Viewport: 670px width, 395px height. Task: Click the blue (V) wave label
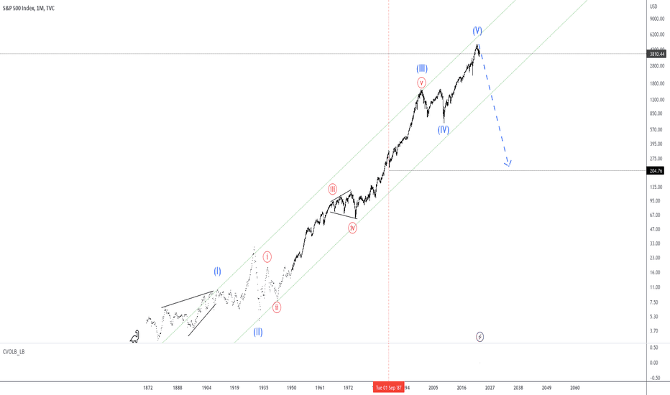477,31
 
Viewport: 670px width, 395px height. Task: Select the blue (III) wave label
422,68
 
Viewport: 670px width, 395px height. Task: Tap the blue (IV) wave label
443,130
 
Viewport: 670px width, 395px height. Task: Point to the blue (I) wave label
217,271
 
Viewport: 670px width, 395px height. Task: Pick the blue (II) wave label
257,332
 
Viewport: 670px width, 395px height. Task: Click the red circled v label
422,83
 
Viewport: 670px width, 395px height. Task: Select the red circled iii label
333,190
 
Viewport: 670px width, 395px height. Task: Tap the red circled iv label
353,228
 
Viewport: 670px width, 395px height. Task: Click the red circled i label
267,256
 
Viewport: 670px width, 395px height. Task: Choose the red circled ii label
277,307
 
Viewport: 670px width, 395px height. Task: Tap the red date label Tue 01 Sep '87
388,387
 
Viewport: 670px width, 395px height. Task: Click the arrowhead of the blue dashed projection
508,163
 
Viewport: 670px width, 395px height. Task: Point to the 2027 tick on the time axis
490,387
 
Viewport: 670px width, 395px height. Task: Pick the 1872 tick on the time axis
148,387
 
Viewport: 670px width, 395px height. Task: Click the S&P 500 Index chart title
32,6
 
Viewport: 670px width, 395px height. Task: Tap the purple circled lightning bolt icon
480,336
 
